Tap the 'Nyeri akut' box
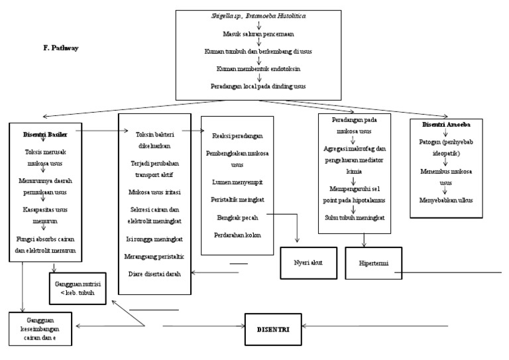pos(307,263)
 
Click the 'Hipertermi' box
pos(373,263)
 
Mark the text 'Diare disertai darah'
pos(154,273)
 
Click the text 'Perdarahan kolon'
pos(237,235)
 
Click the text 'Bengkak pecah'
pos(237,217)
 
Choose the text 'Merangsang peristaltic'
pos(154,255)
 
